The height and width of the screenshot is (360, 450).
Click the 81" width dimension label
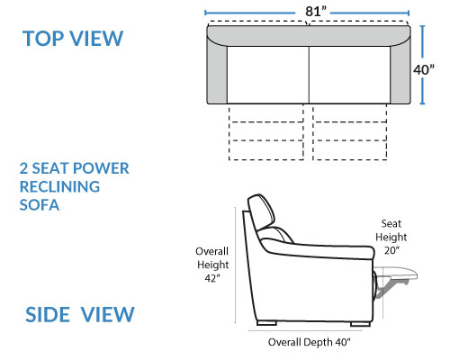[x=316, y=12]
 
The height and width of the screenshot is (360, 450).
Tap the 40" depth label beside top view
[x=424, y=69]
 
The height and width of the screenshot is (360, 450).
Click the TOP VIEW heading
[x=73, y=39]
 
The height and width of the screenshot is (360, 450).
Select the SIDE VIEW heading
[x=80, y=315]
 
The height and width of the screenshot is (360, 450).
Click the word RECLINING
[x=59, y=186]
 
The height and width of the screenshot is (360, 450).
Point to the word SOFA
[x=40, y=205]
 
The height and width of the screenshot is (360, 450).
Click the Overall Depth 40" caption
[x=309, y=342]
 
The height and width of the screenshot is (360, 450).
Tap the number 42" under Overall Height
[x=212, y=278]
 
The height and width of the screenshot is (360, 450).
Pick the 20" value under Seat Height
[x=391, y=250]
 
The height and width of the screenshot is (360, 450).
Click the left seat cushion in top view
[x=268, y=75]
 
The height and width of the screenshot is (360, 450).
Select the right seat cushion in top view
[x=350, y=75]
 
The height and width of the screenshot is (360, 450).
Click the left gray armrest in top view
[x=217, y=72]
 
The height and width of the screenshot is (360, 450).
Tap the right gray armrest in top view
[x=400, y=72]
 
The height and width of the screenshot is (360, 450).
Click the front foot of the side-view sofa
[x=360, y=324]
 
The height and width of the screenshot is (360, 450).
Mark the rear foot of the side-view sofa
[x=266, y=323]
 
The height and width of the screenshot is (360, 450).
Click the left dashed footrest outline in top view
[x=266, y=132]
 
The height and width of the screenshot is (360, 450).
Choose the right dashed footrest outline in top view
[x=350, y=132]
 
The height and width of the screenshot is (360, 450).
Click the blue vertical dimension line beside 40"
[x=422, y=65]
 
